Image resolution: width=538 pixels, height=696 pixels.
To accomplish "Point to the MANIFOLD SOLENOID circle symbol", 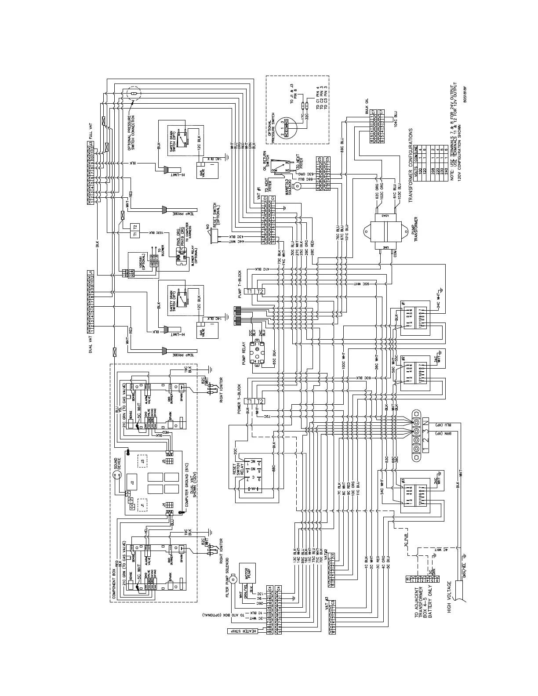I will pyautogui.click(x=297, y=186).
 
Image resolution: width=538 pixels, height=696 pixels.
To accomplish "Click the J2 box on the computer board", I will pyautogui.click(x=131, y=482).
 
